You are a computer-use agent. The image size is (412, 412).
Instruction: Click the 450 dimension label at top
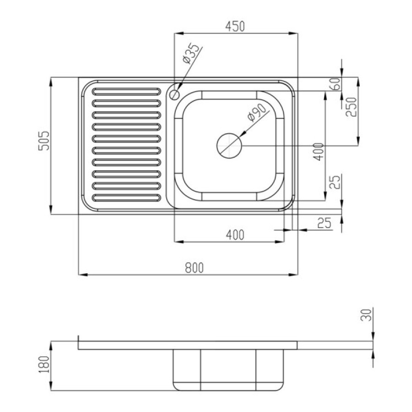coord(235,26)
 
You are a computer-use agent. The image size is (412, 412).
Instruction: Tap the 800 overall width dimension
coord(195,268)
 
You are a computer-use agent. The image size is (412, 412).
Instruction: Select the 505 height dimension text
coord(44,141)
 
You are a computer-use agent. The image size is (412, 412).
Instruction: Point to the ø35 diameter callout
coord(191,54)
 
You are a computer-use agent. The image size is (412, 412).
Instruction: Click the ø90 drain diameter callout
coord(256,112)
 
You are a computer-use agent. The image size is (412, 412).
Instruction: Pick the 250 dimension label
coord(352,107)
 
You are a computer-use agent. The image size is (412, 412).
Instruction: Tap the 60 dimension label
coord(336,84)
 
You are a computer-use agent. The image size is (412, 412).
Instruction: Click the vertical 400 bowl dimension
coord(319,152)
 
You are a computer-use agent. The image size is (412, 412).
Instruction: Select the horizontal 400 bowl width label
coord(235,235)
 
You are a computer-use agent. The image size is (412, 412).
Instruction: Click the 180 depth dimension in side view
coord(43,364)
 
